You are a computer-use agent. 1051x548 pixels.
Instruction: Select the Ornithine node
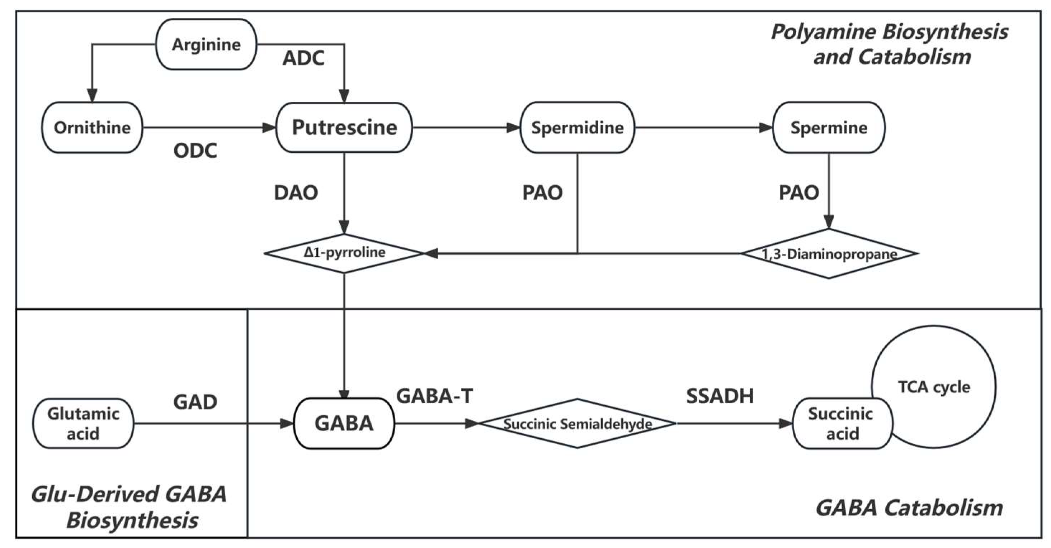[x=92, y=128]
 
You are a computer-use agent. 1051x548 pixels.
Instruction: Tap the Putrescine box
[x=344, y=127]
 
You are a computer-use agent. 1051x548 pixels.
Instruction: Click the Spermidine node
[x=577, y=128]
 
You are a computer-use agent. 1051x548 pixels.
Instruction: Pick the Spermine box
[x=829, y=128]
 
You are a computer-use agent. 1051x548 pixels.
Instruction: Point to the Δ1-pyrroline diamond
[x=344, y=253]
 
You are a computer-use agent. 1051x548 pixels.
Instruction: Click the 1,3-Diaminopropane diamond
[x=829, y=254]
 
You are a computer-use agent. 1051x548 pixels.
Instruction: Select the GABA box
[x=344, y=423]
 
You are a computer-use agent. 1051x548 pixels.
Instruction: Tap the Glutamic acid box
[x=83, y=423]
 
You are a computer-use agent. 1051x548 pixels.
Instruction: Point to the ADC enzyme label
[x=303, y=58]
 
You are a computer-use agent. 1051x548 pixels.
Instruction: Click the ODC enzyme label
[x=195, y=151]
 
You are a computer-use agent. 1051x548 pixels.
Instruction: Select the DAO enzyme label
[x=296, y=193]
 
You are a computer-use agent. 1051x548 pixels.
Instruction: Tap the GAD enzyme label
[x=195, y=402]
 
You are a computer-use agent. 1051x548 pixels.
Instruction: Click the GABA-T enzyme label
[x=434, y=396]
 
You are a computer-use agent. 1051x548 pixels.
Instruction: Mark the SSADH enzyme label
[x=720, y=396]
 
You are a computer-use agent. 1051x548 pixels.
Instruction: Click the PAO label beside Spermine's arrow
[x=798, y=193]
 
